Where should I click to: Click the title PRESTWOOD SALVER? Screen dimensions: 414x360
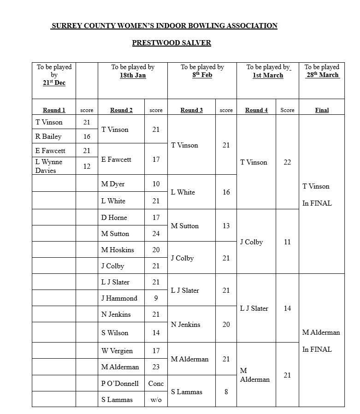[x=171, y=43]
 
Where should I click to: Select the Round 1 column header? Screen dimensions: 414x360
[x=54, y=110]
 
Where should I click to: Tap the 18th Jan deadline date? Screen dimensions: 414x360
[x=133, y=75]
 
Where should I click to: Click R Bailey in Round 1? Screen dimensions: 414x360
[x=48, y=136]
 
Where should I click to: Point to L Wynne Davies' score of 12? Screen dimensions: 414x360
[x=87, y=166]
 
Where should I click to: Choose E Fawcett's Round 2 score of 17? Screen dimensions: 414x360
[x=156, y=160]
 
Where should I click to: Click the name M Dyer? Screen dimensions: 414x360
[x=113, y=184]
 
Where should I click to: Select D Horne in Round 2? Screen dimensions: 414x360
[x=114, y=218]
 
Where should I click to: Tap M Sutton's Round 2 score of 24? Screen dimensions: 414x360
[x=156, y=234]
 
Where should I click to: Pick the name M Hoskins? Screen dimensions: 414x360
[x=118, y=250]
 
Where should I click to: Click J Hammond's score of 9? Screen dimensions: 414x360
[x=156, y=298]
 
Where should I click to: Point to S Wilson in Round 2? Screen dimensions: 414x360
[x=115, y=333]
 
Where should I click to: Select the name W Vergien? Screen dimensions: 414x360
[x=117, y=351]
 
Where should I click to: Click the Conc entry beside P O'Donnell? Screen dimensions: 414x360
[x=156, y=384]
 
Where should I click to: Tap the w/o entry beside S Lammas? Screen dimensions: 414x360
[x=156, y=400]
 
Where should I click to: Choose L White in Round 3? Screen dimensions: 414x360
[x=183, y=192]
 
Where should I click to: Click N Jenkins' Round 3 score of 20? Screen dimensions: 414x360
[x=226, y=325]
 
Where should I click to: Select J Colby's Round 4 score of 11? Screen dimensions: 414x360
[x=287, y=242]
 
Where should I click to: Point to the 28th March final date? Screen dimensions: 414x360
[x=322, y=75]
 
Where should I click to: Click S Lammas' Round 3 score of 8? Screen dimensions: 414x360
[x=226, y=392]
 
